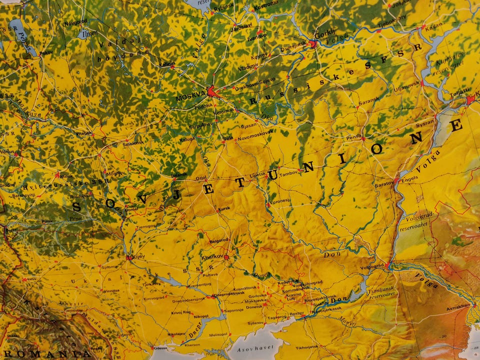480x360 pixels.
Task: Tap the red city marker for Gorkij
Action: [312, 44]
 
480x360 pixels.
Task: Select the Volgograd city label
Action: [371, 265]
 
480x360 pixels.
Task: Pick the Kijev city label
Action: [139, 256]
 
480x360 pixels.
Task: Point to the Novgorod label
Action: [75, 21]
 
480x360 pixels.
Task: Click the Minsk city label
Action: [66, 176]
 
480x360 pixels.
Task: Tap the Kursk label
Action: [224, 208]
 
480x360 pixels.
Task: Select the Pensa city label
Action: [353, 135]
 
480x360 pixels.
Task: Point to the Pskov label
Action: [45, 51]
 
